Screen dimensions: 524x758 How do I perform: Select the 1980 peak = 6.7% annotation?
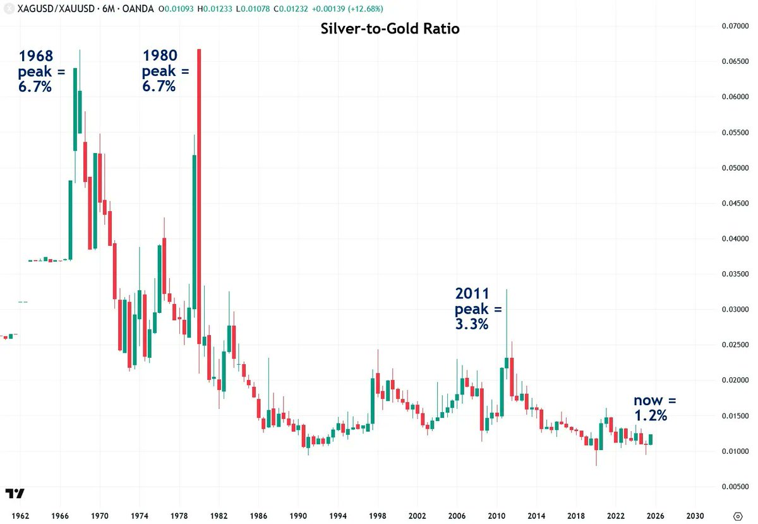click(x=165, y=71)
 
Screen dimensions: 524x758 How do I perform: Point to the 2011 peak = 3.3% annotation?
click(x=478, y=309)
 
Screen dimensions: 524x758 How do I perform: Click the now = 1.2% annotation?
click(x=654, y=408)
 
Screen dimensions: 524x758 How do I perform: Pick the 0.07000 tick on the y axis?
click(x=734, y=27)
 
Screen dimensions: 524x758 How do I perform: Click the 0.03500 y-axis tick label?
click(x=734, y=274)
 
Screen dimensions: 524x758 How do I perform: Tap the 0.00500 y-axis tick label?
click(x=734, y=487)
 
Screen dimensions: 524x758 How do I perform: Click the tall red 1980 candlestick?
click(x=199, y=196)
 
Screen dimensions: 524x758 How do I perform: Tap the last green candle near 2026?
click(x=651, y=439)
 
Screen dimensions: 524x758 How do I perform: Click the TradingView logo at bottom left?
click(x=15, y=494)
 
